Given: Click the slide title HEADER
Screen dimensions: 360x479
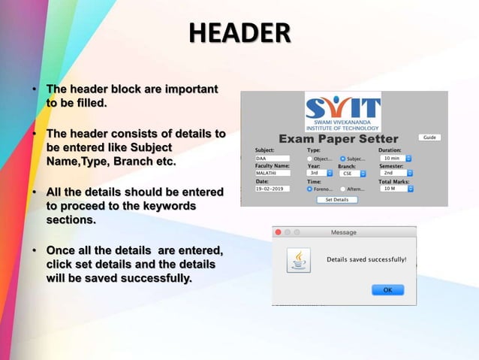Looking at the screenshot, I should (239, 33).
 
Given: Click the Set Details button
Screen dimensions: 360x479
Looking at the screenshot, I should (336, 200).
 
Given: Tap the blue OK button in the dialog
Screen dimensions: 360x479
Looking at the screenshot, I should (387, 289).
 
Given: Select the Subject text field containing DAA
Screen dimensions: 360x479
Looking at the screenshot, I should (272, 159).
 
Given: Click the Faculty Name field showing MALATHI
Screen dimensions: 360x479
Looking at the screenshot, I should (272, 174).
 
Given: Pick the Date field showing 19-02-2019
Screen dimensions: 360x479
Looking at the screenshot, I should (272, 189).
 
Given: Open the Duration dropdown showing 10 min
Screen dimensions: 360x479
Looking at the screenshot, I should (395, 159).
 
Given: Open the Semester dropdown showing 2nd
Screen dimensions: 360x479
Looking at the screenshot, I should (395, 174).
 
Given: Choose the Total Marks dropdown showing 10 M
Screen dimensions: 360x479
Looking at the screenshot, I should (395, 189).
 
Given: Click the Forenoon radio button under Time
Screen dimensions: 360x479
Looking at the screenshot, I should (310, 189).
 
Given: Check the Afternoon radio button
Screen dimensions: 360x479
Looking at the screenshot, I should (343, 189).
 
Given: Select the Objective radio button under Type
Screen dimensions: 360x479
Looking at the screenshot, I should (310, 159).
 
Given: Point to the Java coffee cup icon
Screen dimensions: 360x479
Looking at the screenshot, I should (299, 261).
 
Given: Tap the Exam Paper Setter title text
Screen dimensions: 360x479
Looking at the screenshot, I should (338, 139).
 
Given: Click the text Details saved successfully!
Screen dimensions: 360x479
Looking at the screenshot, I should (366, 259).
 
